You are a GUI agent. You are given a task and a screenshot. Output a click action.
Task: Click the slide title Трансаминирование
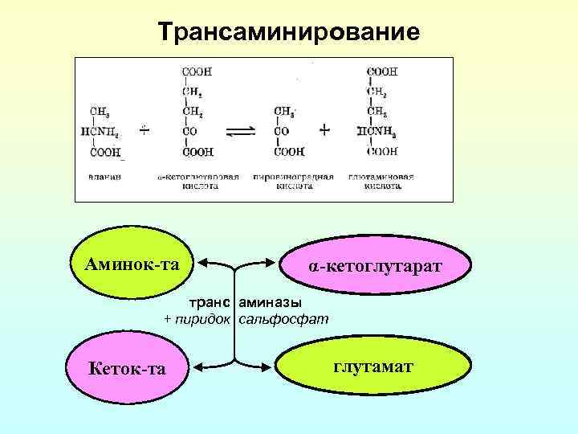(288, 33)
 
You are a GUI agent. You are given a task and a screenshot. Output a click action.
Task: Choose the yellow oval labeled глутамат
(373, 367)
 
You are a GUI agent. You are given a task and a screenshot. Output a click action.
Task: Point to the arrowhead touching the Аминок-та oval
(201, 262)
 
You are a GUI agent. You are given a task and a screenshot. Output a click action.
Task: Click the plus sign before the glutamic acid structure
(324, 129)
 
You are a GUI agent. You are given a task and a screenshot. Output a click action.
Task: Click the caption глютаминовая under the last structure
(381, 174)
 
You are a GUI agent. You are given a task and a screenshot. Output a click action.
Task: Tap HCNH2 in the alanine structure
(105, 131)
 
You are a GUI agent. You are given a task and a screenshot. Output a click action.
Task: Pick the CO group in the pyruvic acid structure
(283, 131)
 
